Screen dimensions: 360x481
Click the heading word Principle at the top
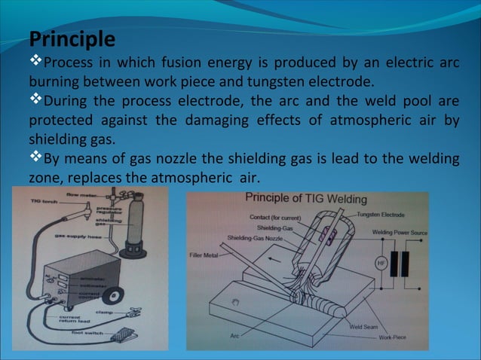pos(72,38)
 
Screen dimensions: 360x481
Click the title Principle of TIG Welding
pos(306,199)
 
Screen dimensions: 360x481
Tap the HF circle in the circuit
pos(379,263)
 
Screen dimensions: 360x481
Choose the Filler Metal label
pos(205,255)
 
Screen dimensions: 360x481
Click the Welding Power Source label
pos(399,232)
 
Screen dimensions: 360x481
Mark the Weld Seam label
pos(366,327)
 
